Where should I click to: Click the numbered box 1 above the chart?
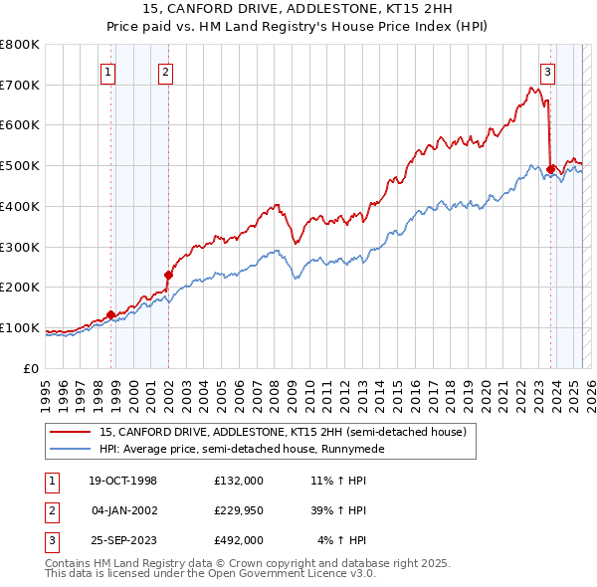coord(106,71)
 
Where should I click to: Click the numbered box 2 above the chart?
coord(164,71)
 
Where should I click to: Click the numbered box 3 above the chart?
coord(547,71)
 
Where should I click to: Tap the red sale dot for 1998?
coord(110,314)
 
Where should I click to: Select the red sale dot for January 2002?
coord(168,275)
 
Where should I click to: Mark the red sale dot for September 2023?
coord(550,169)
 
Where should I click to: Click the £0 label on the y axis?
coord(31,368)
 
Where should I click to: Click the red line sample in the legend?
coord(72,432)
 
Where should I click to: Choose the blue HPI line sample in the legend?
coord(72,449)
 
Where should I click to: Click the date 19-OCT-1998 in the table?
coord(123,481)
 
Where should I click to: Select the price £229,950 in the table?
coord(238,510)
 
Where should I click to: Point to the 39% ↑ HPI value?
coord(341,510)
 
